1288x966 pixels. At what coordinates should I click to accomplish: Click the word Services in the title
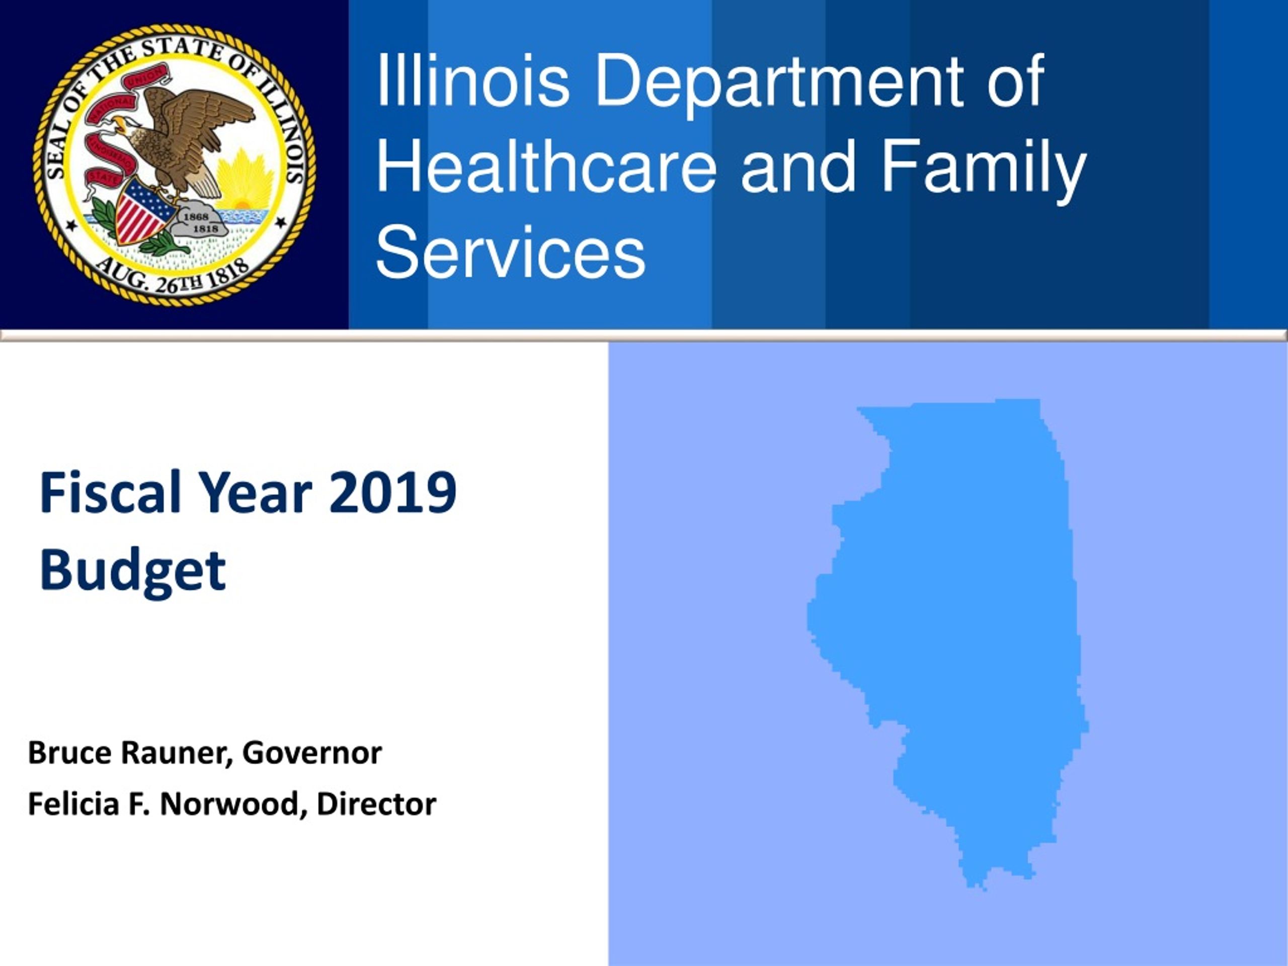point(511,252)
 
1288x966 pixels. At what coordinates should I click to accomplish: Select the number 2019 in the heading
point(392,493)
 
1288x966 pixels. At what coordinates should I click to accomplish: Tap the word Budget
point(133,571)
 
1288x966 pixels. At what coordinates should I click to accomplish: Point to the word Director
point(377,804)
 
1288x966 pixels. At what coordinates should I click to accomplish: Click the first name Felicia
point(73,804)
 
